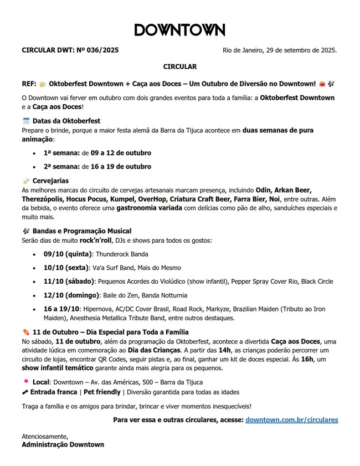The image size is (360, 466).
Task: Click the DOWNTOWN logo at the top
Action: [179, 30]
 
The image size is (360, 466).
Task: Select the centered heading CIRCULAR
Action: [179, 66]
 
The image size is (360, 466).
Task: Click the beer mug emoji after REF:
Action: [43, 84]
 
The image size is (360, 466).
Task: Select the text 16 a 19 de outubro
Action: [121, 166]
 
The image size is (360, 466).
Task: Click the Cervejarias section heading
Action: [50, 181]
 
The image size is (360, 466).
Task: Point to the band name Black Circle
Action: [317, 281]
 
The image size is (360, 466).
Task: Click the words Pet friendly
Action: [102, 392]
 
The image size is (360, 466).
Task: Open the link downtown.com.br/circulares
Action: [291, 420]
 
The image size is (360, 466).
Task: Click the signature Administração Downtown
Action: [63, 444]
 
